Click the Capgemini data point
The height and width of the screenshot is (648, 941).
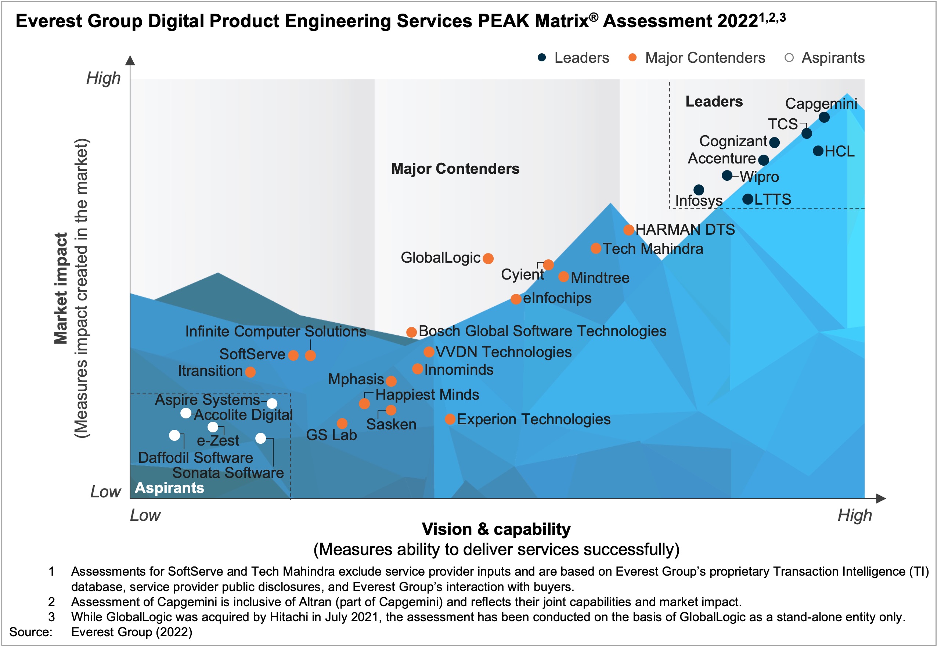pos(824,117)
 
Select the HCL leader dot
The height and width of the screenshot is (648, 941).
pos(818,151)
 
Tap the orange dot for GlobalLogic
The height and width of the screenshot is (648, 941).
pos(488,259)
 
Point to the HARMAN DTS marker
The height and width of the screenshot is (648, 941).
pos(629,230)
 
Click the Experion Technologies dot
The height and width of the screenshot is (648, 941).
pos(450,420)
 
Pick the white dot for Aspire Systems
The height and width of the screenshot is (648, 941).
pos(272,404)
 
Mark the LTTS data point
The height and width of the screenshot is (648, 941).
pos(748,199)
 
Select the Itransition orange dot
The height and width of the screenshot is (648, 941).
pos(250,372)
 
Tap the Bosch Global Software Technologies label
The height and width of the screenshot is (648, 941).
pos(542,331)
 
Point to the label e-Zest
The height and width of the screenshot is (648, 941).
pos(218,441)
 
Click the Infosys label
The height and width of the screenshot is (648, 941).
pos(699,201)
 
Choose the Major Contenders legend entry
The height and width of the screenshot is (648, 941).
pos(705,58)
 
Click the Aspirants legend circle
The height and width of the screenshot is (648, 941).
pos(789,58)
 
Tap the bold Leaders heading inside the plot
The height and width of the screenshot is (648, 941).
pos(714,101)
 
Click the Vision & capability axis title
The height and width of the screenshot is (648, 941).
pos(496,529)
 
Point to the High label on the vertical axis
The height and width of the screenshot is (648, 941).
pos(104,78)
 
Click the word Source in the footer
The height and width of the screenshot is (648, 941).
pos(31,632)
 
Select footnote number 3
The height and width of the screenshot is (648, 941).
pos(51,617)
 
